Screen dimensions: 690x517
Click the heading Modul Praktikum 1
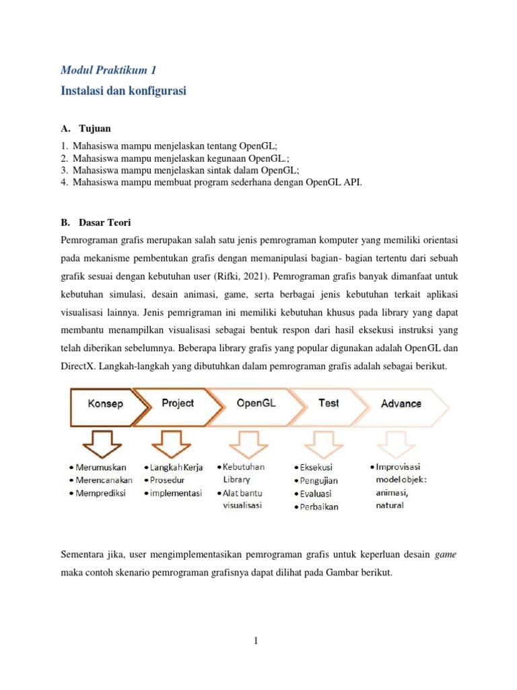(x=108, y=69)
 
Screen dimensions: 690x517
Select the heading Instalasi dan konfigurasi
(x=123, y=90)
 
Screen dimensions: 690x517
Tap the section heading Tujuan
(x=95, y=128)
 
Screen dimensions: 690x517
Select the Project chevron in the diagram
(x=178, y=403)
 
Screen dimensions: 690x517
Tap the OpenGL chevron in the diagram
(x=256, y=403)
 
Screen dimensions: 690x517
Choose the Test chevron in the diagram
(x=329, y=403)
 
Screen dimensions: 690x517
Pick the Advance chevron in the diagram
(x=401, y=404)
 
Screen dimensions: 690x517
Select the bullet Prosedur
(x=171, y=480)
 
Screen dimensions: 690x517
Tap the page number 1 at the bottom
(x=256, y=641)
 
